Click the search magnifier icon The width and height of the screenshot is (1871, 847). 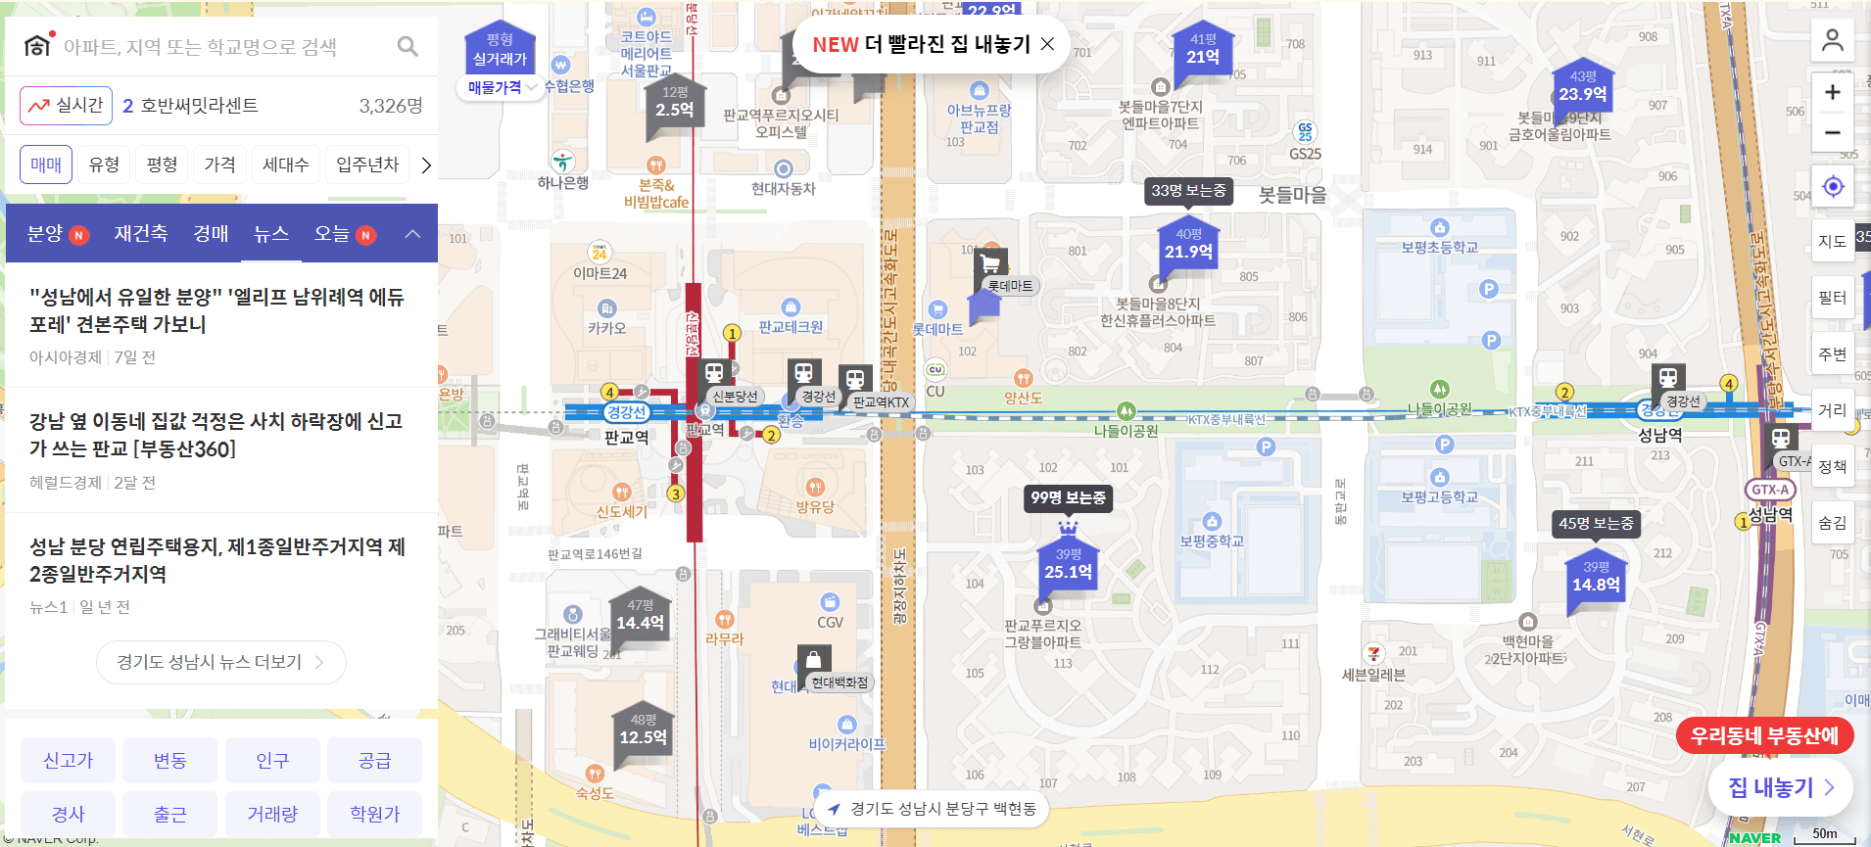tap(408, 46)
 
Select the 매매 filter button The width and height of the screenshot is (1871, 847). tap(46, 165)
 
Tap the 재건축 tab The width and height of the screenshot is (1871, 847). tap(140, 234)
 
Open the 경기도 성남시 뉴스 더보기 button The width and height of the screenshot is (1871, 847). tap(221, 662)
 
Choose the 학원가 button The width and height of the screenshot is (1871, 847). tap(374, 814)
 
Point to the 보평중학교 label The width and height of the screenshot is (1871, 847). tap(1212, 541)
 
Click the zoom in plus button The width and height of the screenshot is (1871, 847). tap(1832, 93)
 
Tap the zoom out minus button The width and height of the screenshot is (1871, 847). tap(1832, 132)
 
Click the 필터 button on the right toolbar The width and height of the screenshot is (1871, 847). tap(1832, 298)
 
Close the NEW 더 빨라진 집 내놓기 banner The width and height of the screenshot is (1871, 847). tap(1047, 44)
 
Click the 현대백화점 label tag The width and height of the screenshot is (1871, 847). tap(840, 682)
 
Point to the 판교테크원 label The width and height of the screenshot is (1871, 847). tap(791, 327)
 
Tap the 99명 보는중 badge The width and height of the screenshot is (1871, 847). tap(1068, 498)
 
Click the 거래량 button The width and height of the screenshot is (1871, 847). tap(272, 814)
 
